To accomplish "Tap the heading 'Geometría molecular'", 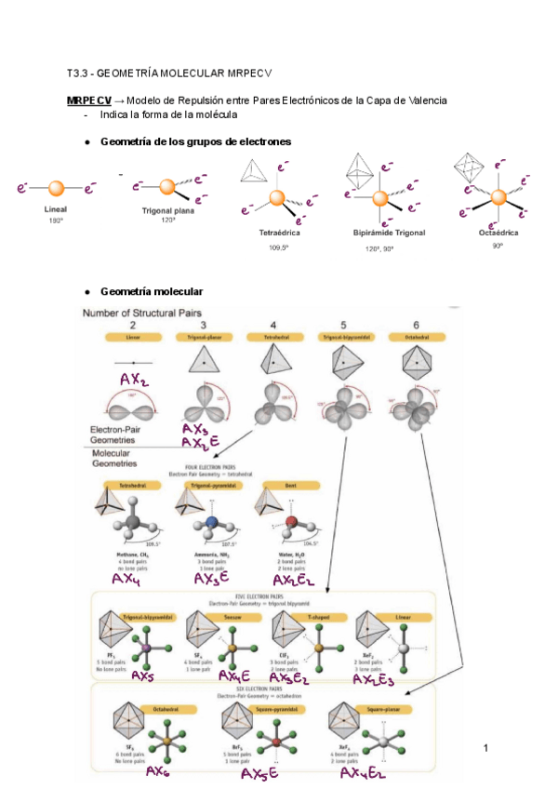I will pos(151,291).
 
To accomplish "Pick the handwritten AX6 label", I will pos(160,771).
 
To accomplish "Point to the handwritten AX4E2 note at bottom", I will pos(363,773).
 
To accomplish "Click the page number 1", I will pos(485,748).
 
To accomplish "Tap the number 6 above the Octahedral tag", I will pos(416,324).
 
